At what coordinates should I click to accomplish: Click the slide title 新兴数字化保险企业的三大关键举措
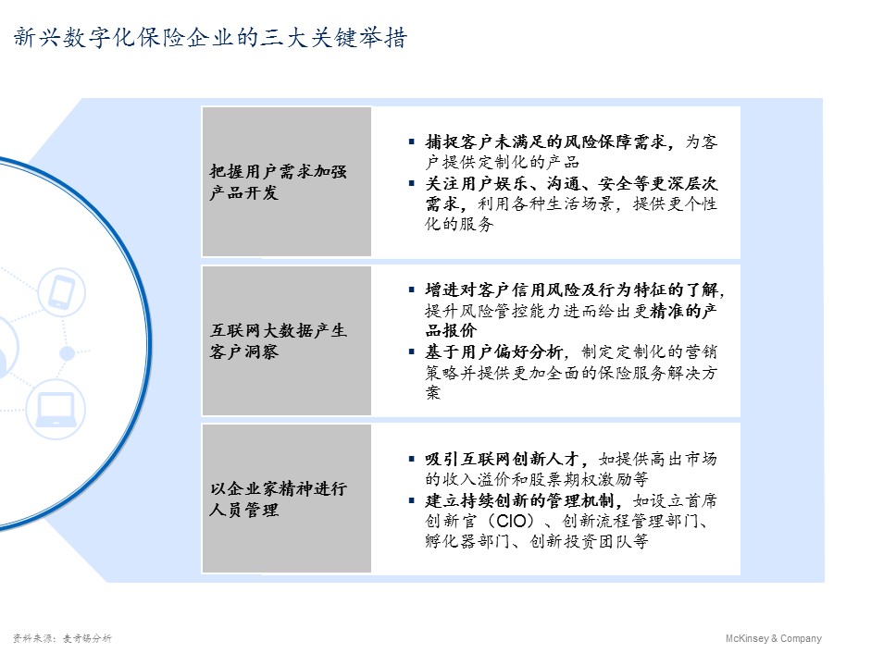tap(210, 39)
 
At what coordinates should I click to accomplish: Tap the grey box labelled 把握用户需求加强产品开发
tap(286, 182)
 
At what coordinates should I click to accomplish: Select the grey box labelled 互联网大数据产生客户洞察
tap(286, 340)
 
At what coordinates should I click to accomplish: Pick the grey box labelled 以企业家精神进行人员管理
tap(286, 499)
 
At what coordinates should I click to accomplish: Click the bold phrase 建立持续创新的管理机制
tap(525, 501)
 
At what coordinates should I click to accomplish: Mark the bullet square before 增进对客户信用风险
tap(411, 289)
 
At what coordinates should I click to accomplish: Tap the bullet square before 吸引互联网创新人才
tap(411, 459)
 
